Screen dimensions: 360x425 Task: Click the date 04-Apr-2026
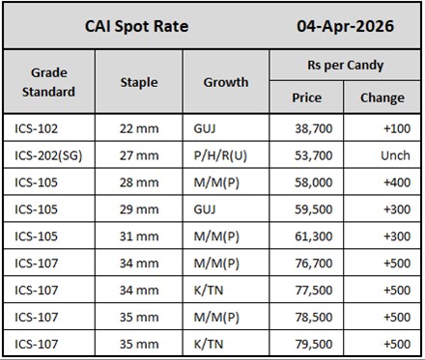coord(344,26)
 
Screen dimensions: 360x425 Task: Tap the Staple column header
coord(139,82)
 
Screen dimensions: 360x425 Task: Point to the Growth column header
coord(225,82)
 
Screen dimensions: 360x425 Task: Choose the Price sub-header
coord(307,97)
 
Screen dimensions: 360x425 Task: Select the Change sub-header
coord(382,97)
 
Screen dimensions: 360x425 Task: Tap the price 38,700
coord(314,126)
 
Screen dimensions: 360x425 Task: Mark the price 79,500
coord(314,343)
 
